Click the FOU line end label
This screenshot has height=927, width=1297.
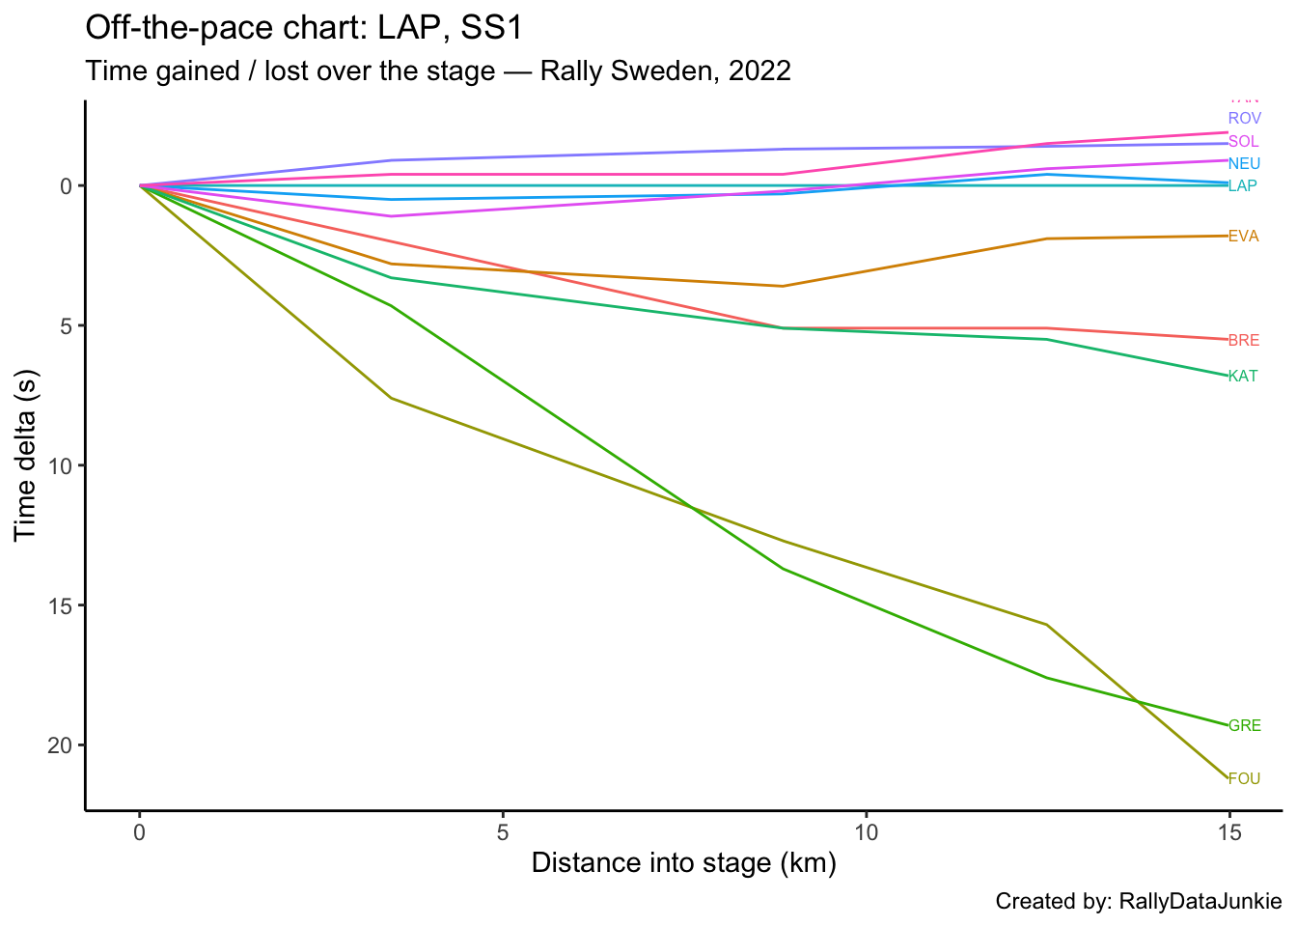(x=1244, y=778)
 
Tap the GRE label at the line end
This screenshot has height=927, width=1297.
(x=1244, y=726)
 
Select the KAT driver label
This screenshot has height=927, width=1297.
(x=1243, y=377)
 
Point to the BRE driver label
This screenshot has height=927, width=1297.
(x=1244, y=341)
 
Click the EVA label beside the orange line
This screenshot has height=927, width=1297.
(x=1243, y=237)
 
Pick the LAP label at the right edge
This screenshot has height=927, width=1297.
(x=1242, y=186)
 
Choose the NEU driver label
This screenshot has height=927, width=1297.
(x=1244, y=164)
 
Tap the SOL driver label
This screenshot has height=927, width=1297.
(x=1243, y=142)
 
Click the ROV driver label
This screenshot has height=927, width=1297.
(x=1245, y=119)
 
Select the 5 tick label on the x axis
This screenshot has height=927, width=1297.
(x=503, y=830)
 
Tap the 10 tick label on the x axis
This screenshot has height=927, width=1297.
(x=866, y=830)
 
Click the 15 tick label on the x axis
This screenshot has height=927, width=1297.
(x=1228, y=830)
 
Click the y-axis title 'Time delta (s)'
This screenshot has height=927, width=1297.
(x=25, y=455)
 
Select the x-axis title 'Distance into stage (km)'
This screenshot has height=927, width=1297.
(x=683, y=862)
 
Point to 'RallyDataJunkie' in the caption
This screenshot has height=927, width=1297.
(x=1200, y=902)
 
